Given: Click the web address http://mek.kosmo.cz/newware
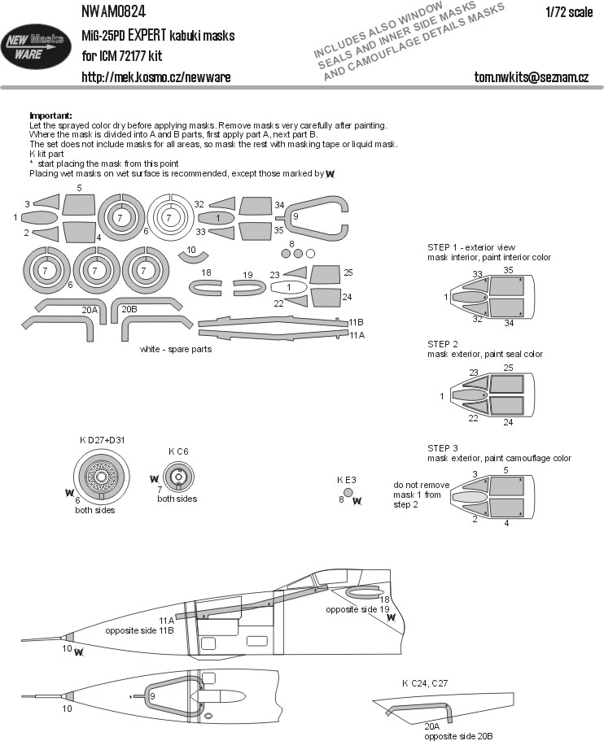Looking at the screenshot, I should click(x=156, y=76).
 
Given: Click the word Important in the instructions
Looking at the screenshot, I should click(x=50, y=116).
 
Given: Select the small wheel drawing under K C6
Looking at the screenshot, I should click(x=177, y=476).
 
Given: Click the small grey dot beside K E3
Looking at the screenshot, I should click(x=348, y=491).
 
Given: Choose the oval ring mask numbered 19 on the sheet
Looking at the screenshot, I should click(x=247, y=287).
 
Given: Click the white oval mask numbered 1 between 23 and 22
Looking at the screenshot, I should click(x=288, y=287).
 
